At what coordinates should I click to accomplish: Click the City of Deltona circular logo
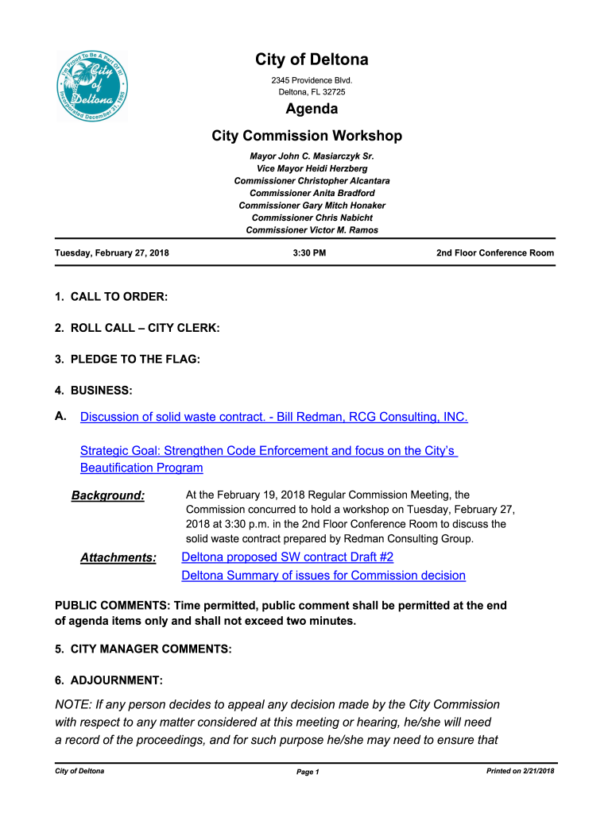pyautogui.click(x=92, y=87)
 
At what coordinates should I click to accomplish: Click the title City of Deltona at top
pyautogui.click(x=312, y=60)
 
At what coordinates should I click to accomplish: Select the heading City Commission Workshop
pyautogui.click(x=307, y=136)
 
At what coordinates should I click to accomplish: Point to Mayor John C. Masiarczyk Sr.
pyautogui.click(x=312, y=156)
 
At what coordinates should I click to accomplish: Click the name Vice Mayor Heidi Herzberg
pyautogui.click(x=312, y=169)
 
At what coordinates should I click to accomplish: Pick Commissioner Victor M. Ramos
pyautogui.click(x=312, y=230)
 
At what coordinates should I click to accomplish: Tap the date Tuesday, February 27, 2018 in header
pyautogui.click(x=112, y=253)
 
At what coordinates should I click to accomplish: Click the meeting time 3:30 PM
pyautogui.click(x=309, y=253)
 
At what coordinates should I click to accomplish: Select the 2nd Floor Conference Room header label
pyautogui.click(x=495, y=253)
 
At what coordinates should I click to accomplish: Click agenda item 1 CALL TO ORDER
pyautogui.click(x=111, y=297)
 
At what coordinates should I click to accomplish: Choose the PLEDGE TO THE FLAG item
pyautogui.click(x=127, y=359)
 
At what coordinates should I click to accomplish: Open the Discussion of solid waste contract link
pyautogui.click(x=273, y=417)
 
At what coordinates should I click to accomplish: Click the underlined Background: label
pyautogui.click(x=108, y=496)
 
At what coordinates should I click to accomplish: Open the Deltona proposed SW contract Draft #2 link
pyautogui.click(x=288, y=557)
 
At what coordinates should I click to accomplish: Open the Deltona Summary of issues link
pyautogui.click(x=323, y=576)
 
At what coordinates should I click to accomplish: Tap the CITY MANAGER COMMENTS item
pyautogui.click(x=143, y=649)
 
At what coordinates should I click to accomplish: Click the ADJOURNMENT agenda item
pyautogui.click(x=109, y=680)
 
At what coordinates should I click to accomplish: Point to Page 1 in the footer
pyautogui.click(x=308, y=772)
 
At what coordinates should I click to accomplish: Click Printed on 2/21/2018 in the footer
pyautogui.click(x=520, y=771)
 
